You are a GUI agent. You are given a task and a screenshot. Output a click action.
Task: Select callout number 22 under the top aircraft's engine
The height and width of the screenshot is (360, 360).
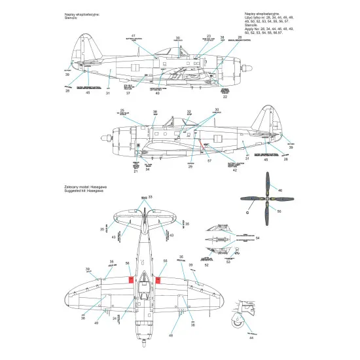(x=225, y=98)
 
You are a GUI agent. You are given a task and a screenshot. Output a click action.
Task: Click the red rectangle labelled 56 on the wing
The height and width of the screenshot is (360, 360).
(x=130, y=280)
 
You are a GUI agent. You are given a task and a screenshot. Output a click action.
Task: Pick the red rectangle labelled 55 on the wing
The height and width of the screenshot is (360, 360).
(x=158, y=280)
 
